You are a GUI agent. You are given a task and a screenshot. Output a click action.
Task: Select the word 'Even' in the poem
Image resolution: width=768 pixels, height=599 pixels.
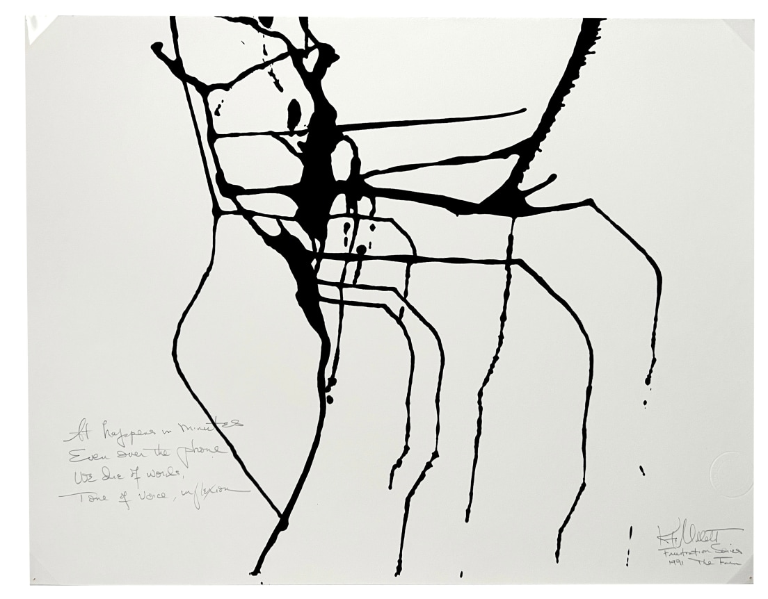coord(87,456)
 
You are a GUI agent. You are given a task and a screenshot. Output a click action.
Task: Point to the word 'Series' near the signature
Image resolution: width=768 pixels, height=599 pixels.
coord(728,551)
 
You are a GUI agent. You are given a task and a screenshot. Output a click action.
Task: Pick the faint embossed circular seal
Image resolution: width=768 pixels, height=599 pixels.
coord(730,473)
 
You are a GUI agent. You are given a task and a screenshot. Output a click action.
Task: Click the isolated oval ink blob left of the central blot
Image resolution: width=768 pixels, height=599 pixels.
coord(294,114)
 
